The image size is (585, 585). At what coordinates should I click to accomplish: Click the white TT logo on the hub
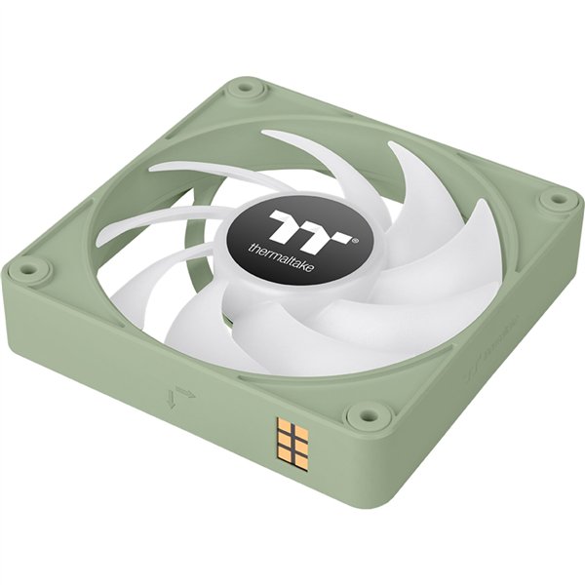[x=305, y=225]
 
